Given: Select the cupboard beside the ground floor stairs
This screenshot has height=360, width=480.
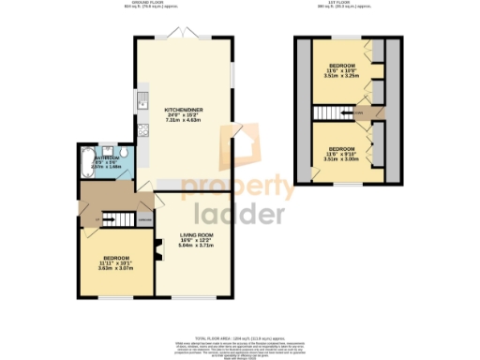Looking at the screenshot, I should coord(145,220).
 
